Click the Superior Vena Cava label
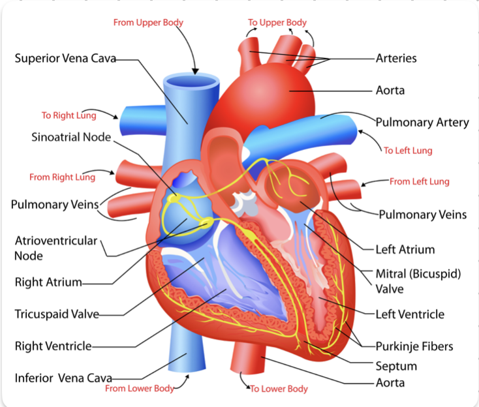tap(65, 58)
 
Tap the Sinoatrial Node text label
tap(71, 137)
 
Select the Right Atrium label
tap(48, 282)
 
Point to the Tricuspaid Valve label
tap(57, 314)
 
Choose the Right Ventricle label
tap(53, 346)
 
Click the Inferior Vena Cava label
tap(63, 378)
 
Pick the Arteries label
tap(396, 58)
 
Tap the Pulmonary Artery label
tap(422, 123)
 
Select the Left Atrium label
tap(405, 249)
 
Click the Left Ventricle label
tap(410, 314)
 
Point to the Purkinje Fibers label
tap(414, 346)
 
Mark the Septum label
tap(396, 366)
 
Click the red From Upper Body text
tap(148, 23)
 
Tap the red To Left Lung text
tap(408, 151)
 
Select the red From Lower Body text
tap(140, 388)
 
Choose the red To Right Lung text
tap(69, 115)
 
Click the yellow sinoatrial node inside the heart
tap(174, 198)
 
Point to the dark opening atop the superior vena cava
tap(191, 82)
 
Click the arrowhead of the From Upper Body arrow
tap(195, 72)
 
